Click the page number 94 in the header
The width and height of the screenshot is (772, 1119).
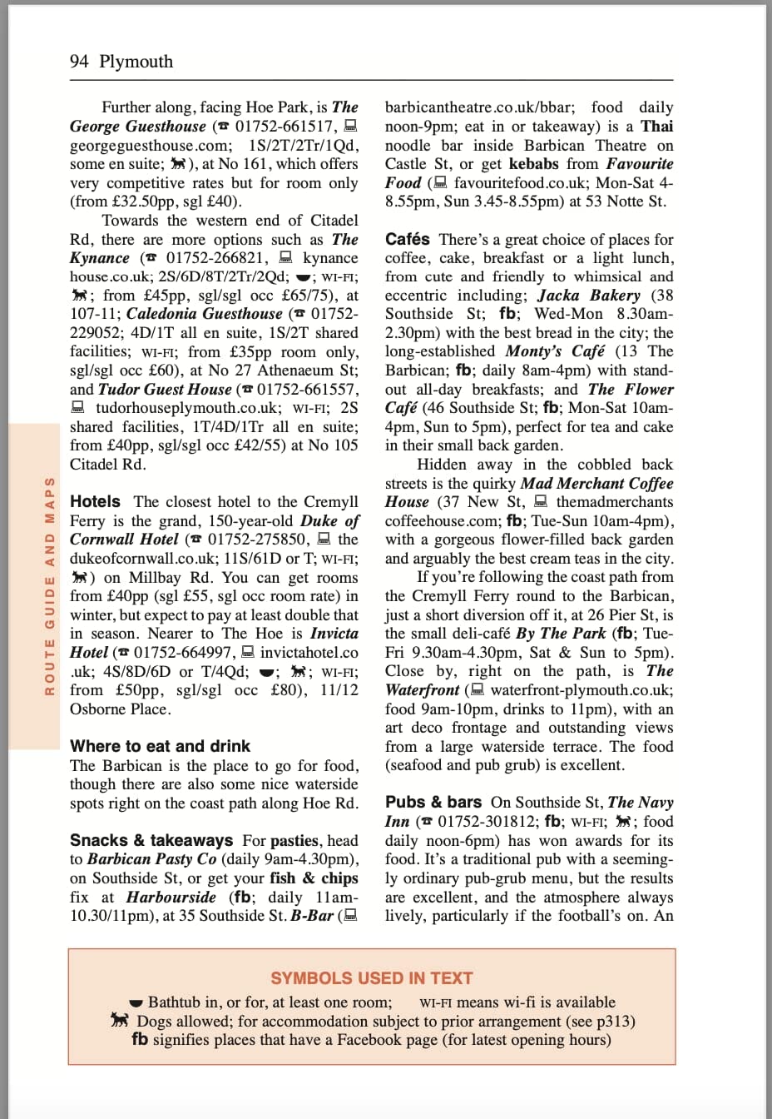79,62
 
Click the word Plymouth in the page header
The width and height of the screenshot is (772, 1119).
136,62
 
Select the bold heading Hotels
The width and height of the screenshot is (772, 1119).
95,501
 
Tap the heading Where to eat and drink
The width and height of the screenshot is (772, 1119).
160,746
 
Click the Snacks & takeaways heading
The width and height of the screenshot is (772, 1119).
151,840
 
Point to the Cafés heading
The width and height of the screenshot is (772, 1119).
408,239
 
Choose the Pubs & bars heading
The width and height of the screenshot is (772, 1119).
433,802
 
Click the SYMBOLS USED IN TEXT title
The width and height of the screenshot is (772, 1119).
371,978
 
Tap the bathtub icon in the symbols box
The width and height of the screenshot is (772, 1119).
137,1003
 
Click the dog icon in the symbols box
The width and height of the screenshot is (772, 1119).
121,1021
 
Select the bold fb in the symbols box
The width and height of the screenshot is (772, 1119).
140,1039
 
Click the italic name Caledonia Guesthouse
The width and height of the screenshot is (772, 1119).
205,314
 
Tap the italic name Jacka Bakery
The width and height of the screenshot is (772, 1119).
589,295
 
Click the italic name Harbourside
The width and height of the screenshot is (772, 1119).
171,897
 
